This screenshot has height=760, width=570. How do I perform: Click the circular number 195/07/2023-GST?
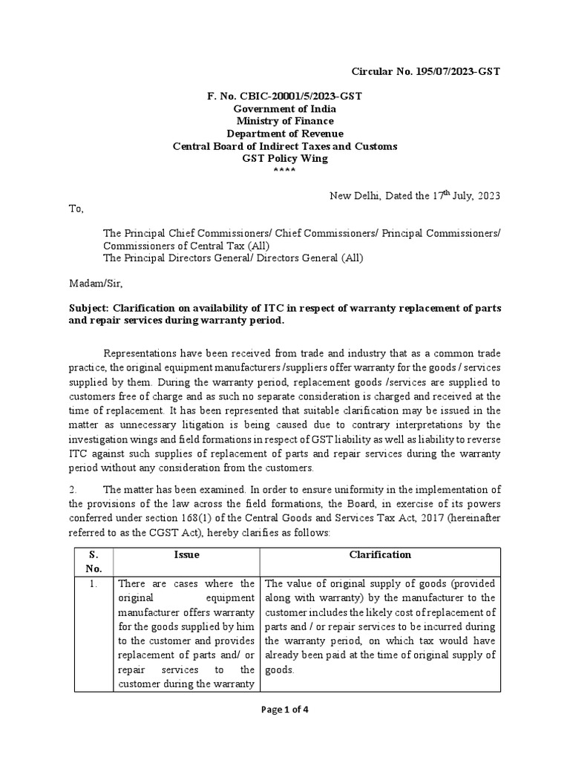tap(425, 71)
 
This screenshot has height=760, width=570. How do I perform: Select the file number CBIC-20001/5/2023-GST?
tap(284, 96)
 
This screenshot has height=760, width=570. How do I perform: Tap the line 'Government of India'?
tap(284, 109)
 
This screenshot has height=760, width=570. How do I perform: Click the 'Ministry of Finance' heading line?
tap(284, 121)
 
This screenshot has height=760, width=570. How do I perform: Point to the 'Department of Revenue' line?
tap(284, 134)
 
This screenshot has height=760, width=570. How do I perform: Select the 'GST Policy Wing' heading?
tap(284, 158)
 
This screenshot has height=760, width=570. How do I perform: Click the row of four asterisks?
tap(284, 171)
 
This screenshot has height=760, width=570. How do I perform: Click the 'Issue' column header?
tap(186, 554)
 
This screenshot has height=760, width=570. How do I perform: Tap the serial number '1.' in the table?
tap(94, 584)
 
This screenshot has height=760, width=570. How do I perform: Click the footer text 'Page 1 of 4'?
tap(285, 709)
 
